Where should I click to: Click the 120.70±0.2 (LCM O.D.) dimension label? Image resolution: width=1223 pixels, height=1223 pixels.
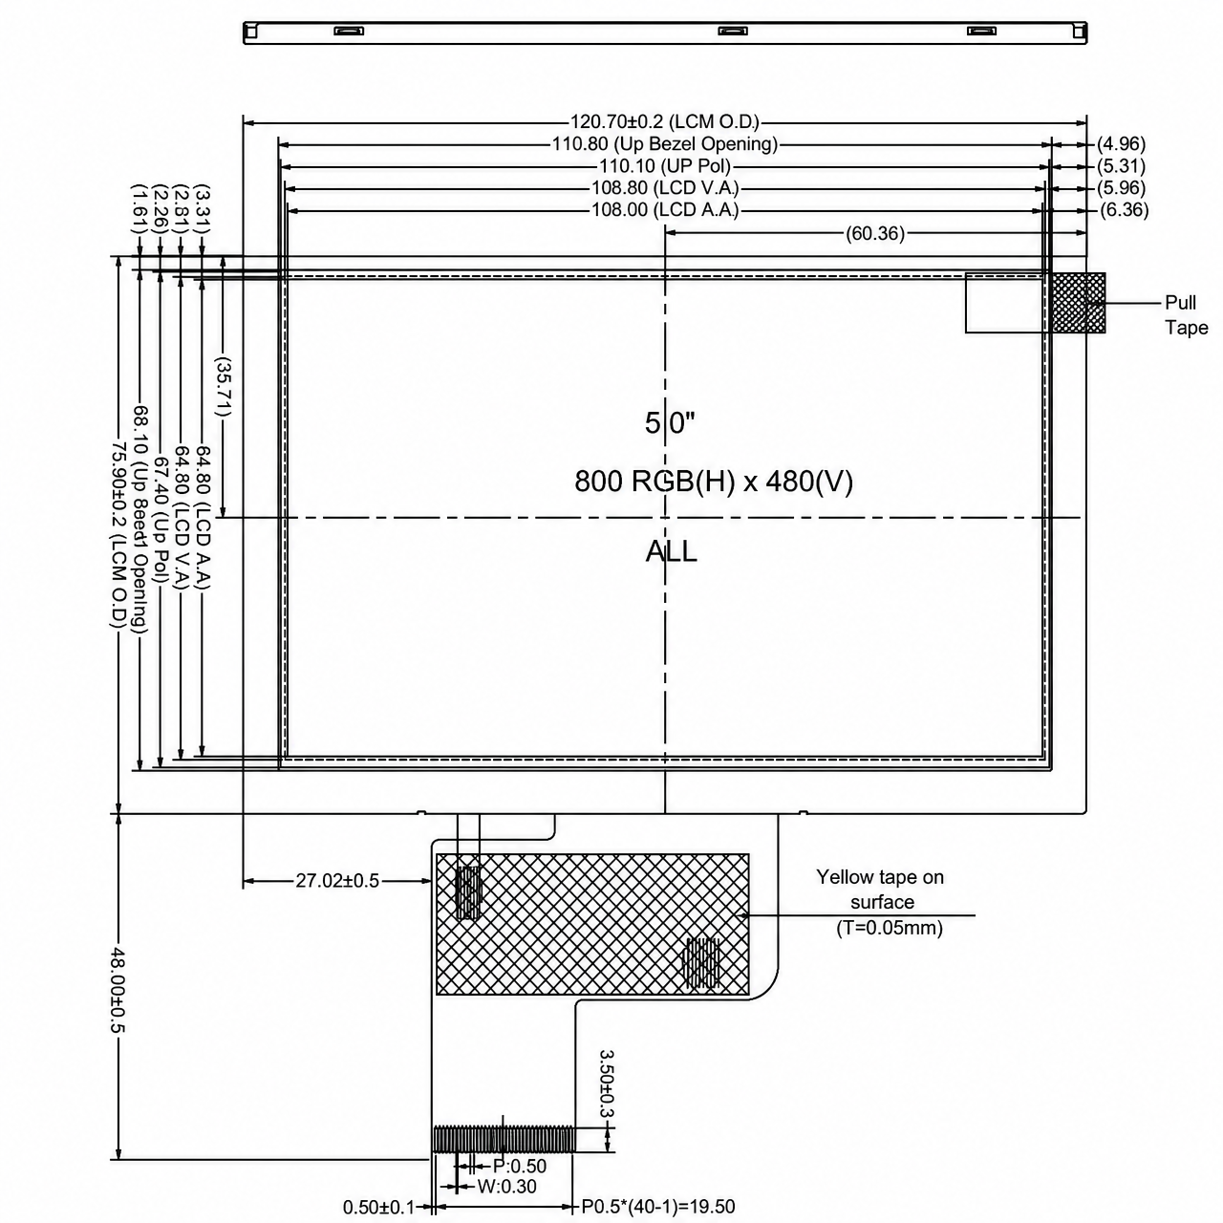click(x=664, y=121)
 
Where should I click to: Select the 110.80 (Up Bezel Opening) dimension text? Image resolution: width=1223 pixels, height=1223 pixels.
click(x=664, y=144)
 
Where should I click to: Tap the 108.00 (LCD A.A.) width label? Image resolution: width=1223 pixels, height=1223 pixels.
click(x=665, y=209)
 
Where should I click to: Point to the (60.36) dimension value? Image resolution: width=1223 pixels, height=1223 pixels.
click(x=874, y=233)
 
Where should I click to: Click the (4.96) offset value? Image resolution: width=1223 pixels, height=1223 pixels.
click(x=1122, y=144)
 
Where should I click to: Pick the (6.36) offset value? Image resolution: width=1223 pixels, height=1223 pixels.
click(x=1124, y=209)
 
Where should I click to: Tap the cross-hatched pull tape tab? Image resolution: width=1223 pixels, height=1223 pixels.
click(x=1079, y=303)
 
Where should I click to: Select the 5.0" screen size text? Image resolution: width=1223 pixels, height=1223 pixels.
click(x=670, y=422)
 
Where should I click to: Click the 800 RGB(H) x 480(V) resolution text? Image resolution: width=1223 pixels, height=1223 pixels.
click(x=714, y=482)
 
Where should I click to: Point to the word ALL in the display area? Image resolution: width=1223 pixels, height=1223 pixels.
click(x=672, y=551)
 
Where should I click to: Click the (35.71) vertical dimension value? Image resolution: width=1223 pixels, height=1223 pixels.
click(x=223, y=387)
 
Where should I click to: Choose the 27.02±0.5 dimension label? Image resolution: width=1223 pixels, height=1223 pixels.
click(x=337, y=880)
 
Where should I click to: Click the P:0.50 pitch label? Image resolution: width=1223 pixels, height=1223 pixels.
click(x=519, y=1166)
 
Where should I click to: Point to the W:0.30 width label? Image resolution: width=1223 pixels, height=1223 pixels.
click(x=506, y=1186)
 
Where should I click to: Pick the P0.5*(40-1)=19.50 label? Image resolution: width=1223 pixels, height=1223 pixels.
click(x=658, y=1206)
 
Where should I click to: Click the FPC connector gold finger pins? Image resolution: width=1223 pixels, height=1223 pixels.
click(x=504, y=1139)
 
